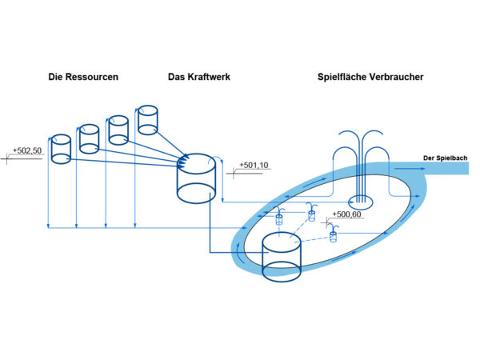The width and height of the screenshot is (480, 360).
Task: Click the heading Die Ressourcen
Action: pyautogui.click(x=84, y=78)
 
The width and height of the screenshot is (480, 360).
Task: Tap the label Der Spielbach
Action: pyautogui.click(x=445, y=158)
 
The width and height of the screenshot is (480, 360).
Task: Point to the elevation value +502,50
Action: pyautogui.click(x=26, y=150)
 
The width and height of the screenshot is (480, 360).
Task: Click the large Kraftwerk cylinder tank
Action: pyautogui.click(x=194, y=180)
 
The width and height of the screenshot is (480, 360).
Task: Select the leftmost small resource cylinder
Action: pyautogui.click(x=60, y=149)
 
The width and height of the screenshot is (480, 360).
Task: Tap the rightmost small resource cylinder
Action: pyautogui.click(x=147, y=119)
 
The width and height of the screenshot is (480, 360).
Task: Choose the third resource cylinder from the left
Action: pyautogui.click(x=118, y=128)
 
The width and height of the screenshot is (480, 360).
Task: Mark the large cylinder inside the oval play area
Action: pyautogui.click(x=282, y=256)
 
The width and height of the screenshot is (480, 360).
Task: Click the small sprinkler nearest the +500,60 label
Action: pyautogui.click(x=334, y=233)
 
